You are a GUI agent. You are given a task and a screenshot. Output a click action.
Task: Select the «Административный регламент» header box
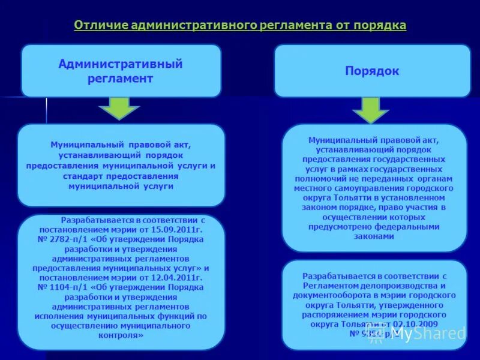pos(121,71)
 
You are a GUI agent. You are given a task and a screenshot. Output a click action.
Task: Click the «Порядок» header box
pos(372,71)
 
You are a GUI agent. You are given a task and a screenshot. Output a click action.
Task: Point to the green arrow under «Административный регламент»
pos(119,109)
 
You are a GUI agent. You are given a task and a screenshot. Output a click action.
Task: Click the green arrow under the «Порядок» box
pos(370,109)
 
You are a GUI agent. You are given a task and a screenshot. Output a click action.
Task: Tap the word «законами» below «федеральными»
pos(374,236)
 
